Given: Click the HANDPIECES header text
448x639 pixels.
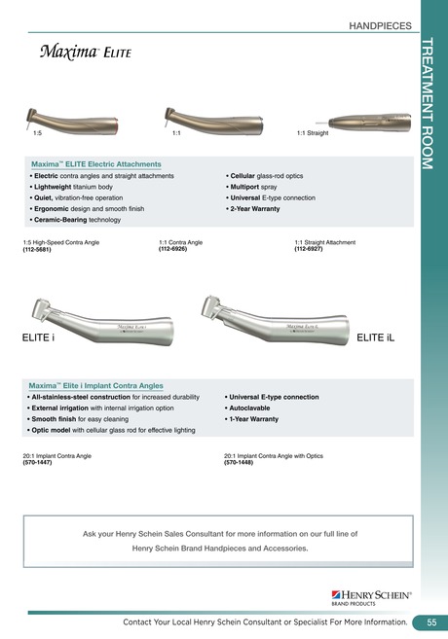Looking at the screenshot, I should pyautogui.click(x=381, y=27).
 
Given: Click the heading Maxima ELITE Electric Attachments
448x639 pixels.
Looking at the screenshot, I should pyautogui.click(x=99, y=164).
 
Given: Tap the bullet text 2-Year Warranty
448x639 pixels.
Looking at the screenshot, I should pyautogui.click(x=257, y=208).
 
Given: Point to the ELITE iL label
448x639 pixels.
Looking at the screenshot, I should pyautogui.click(x=376, y=337).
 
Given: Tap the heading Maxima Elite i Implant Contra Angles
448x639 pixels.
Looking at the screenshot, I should pyautogui.click(x=96, y=385).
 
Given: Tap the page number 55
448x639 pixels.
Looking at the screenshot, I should pyautogui.click(x=429, y=622).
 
